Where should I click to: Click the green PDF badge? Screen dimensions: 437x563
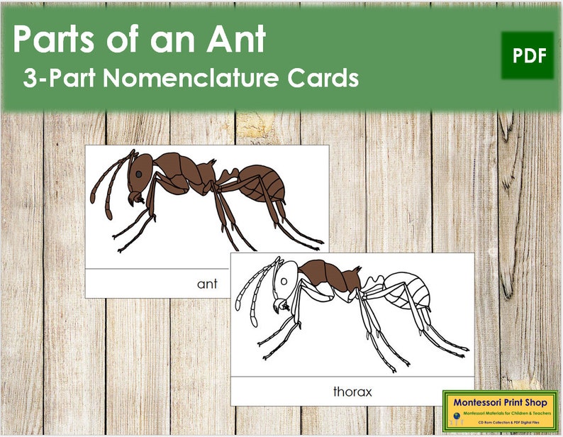tap(528, 56)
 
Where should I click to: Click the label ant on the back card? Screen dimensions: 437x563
tap(206, 284)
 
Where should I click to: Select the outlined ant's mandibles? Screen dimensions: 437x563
tap(280, 306)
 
